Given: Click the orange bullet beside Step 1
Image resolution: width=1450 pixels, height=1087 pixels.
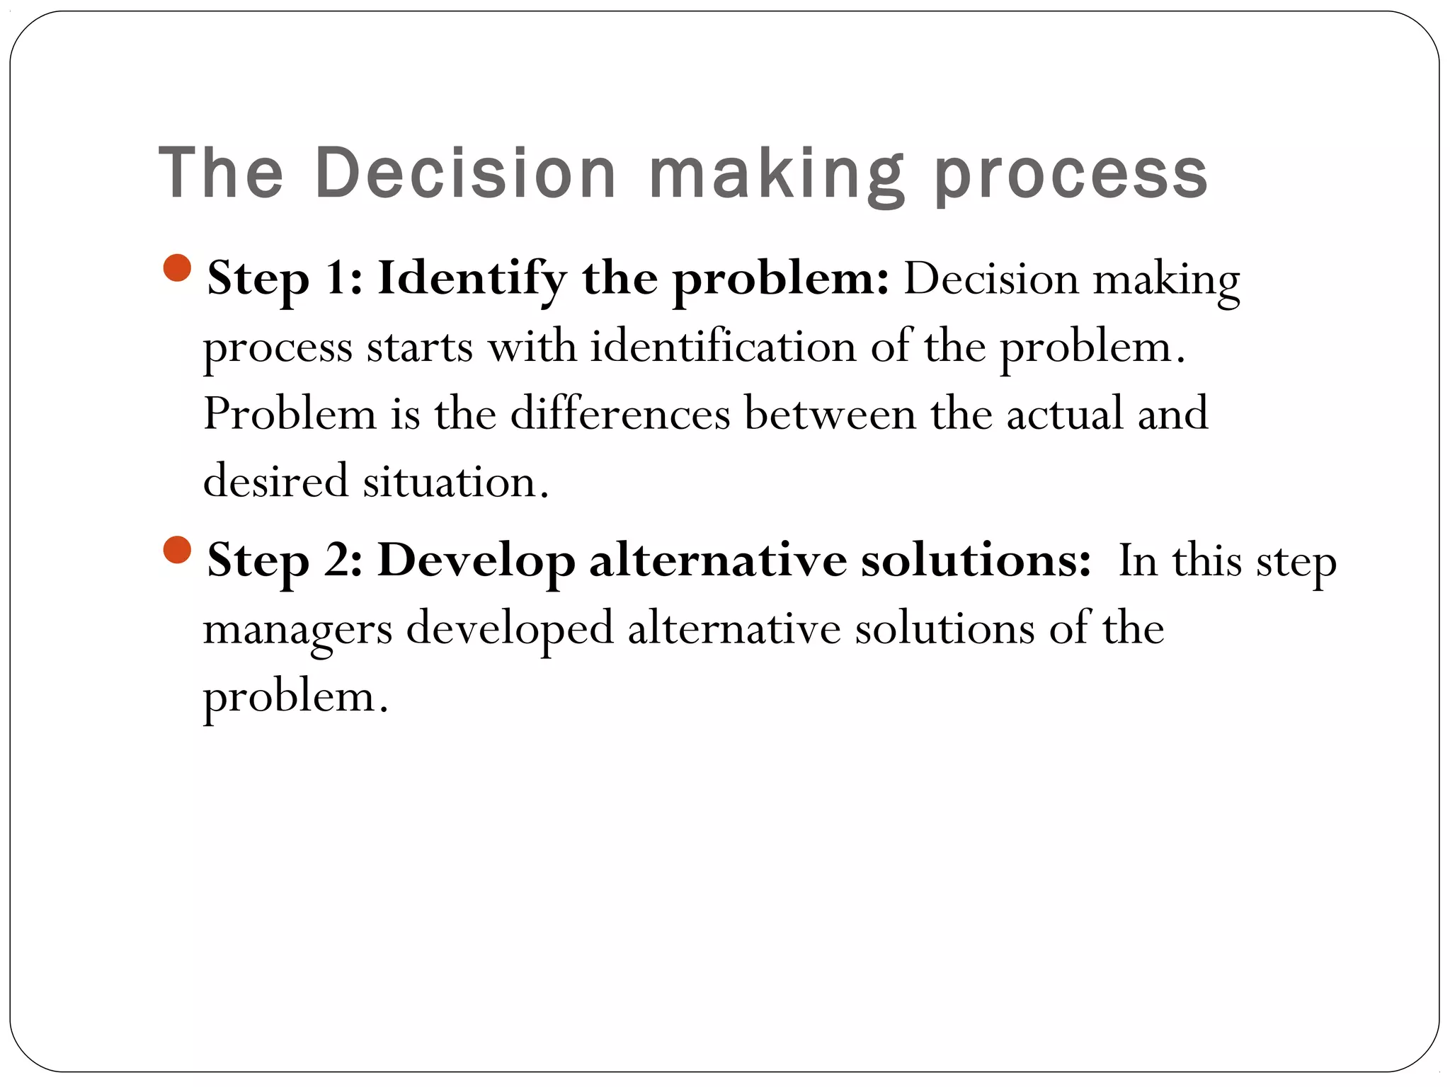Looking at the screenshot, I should point(177,268).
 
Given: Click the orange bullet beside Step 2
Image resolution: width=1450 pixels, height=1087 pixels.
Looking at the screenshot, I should point(177,550).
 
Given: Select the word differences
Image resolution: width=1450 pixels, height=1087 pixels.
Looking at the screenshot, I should point(620,414).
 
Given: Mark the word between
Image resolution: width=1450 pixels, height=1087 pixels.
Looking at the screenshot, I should point(830,414).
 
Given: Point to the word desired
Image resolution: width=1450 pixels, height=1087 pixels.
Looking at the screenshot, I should point(276,481).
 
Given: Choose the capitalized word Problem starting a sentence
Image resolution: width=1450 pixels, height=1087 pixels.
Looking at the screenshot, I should point(290,414).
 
